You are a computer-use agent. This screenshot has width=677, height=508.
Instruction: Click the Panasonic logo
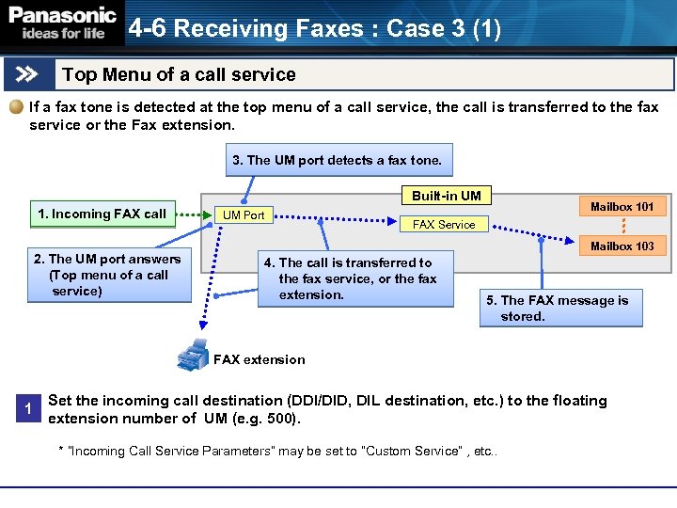pyautogui.click(x=62, y=23)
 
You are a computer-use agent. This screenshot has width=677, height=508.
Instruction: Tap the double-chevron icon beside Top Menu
pyautogui.click(x=28, y=74)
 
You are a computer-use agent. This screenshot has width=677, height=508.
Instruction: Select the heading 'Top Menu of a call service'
pyautogui.click(x=179, y=74)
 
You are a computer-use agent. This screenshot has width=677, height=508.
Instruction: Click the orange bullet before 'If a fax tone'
pyautogui.click(x=17, y=107)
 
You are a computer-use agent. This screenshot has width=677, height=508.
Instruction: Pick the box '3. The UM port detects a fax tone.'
pyautogui.click(x=337, y=160)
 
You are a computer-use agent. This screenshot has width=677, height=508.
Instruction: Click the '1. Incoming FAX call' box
pyautogui.click(x=102, y=214)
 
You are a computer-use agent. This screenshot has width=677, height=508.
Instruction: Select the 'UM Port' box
pyautogui.click(x=244, y=215)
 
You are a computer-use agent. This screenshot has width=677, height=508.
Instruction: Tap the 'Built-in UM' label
pyautogui.click(x=446, y=196)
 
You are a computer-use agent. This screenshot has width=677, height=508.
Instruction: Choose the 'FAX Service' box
pyautogui.click(x=444, y=224)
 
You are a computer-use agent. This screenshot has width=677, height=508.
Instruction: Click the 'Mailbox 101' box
pyautogui.click(x=622, y=206)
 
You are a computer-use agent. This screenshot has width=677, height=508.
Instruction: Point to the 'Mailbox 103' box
pyautogui.click(x=622, y=246)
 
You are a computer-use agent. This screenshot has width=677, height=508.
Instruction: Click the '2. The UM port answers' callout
pyautogui.click(x=107, y=275)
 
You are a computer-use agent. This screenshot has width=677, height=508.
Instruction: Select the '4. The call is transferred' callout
pyautogui.click(x=347, y=278)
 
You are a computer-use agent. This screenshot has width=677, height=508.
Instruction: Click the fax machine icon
pyautogui.click(x=193, y=355)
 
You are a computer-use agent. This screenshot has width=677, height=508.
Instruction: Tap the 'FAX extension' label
pyautogui.click(x=260, y=359)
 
